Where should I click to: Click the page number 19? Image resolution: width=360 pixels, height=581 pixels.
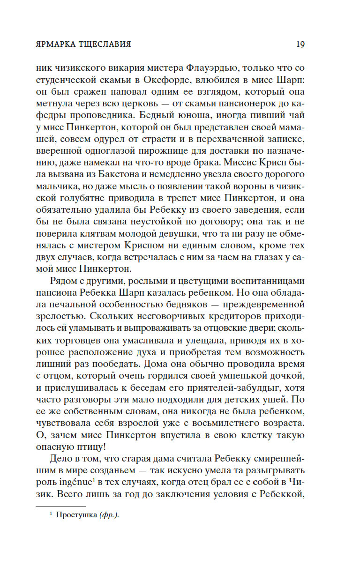click(x=300, y=45)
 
